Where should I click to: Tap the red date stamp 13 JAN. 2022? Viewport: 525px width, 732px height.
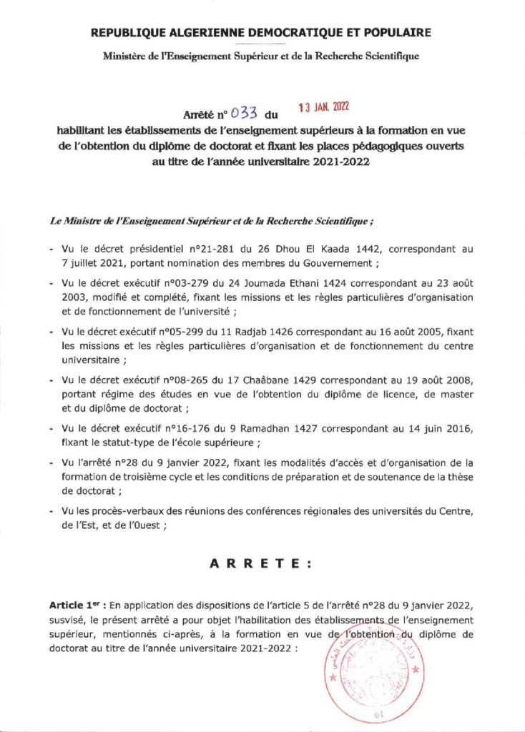[323, 106]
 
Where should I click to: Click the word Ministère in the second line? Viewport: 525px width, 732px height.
[124, 55]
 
